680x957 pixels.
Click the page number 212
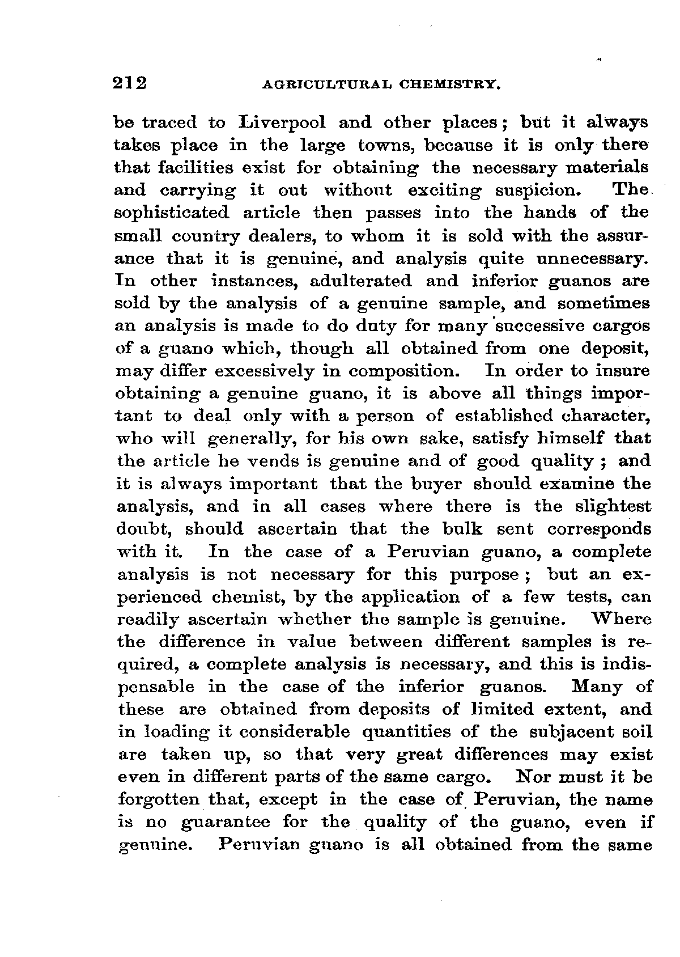(130, 83)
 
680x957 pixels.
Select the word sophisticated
(172, 213)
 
